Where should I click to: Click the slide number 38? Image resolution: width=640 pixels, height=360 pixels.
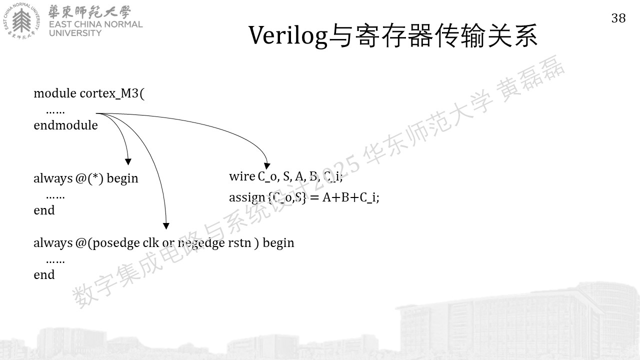pyautogui.click(x=618, y=18)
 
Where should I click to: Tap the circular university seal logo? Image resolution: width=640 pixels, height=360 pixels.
pyautogui.click(x=21, y=21)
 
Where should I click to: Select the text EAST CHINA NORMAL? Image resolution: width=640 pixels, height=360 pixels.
pyautogui.click(x=95, y=24)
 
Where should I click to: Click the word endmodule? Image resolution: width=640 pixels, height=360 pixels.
pyautogui.click(x=65, y=125)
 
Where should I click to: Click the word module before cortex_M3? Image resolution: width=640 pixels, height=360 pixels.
pyautogui.click(x=55, y=93)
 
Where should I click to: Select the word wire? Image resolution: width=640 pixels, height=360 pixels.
pyautogui.click(x=242, y=176)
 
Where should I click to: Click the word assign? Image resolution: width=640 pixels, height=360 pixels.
pyautogui.click(x=247, y=197)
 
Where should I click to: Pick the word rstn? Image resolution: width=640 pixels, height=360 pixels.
pyautogui.click(x=239, y=243)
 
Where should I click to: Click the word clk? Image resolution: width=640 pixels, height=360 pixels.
pyautogui.click(x=150, y=242)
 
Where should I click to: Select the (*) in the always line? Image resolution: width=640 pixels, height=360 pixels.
pyautogui.click(x=95, y=178)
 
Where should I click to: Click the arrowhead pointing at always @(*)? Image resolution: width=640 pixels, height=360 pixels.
pyautogui.click(x=128, y=161)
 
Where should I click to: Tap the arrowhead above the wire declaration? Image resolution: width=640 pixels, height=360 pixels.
pyautogui.click(x=267, y=166)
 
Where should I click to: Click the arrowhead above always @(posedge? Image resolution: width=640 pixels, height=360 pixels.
pyautogui.click(x=166, y=226)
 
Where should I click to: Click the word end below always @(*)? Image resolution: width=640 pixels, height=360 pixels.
pyautogui.click(x=44, y=210)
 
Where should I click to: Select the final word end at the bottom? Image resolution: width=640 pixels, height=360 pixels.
pyautogui.click(x=44, y=275)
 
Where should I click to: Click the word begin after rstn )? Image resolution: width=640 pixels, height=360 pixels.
pyautogui.click(x=278, y=243)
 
